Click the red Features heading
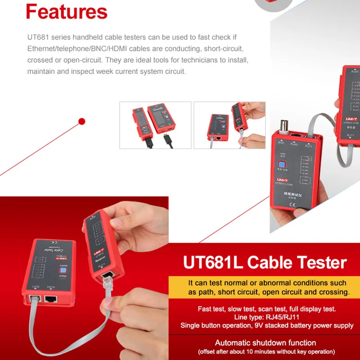point(67,12)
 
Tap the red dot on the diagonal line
point(82,121)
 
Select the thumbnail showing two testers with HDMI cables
point(155,125)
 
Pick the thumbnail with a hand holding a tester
point(229,125)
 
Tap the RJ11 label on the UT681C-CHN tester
point(309,146)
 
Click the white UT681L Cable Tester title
point(265,262)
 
